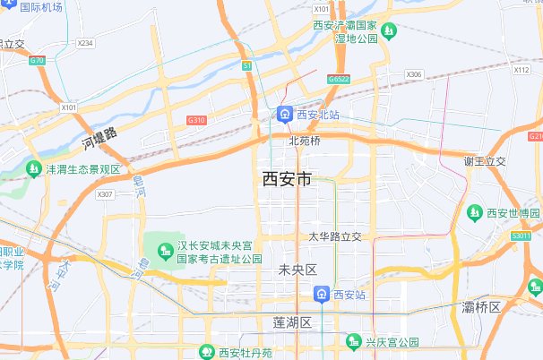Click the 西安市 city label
click(287, 179)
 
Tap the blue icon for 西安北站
click(284, 115)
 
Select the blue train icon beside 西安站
click(321, 294)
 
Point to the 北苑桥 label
click(305, 141)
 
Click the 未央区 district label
click(298, 270)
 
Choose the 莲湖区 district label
click(291, 321)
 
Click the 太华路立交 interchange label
click(335, 236)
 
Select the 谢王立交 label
click(485, 161)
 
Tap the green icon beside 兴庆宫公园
click(353, 341)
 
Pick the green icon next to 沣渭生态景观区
click(33, 168)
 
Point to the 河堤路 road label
click(99, 137)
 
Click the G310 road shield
click(196, 120)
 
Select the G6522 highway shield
click(339, 79)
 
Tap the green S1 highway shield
click(246, 64)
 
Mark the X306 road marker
click(413, 74)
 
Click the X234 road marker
click(85, 43)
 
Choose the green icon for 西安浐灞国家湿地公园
click(389, 32)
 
